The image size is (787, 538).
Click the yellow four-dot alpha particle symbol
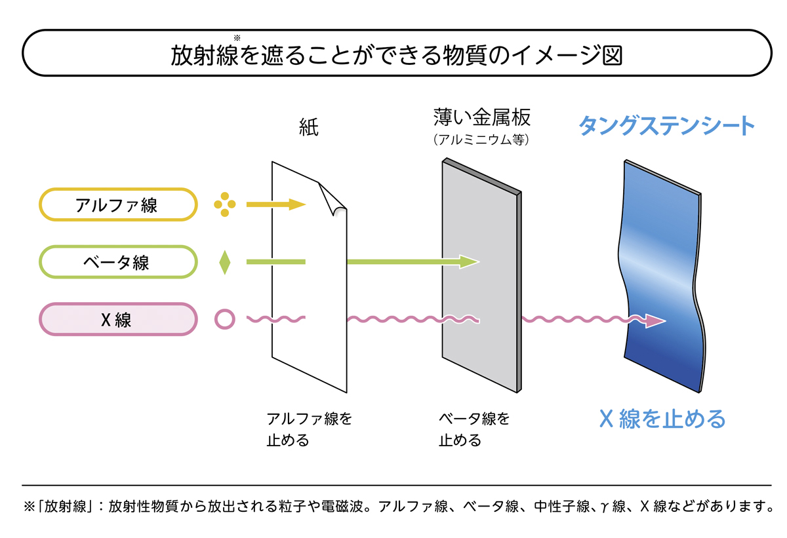pos(225,204)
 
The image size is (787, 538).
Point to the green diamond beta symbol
pos(225,262)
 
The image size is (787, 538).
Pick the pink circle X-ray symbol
pos(225,319)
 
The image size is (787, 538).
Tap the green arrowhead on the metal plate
pos(470,262)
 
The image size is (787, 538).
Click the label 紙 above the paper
pos(308,128)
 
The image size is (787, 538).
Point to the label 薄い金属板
pos(481,118)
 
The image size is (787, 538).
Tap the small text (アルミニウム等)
pos(481,140)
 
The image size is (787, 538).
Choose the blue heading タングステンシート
pos(666,126)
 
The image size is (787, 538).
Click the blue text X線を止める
pos(662,418)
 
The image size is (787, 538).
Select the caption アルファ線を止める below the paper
pos(309,429)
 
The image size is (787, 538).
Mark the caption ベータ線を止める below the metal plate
pos(474,429)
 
